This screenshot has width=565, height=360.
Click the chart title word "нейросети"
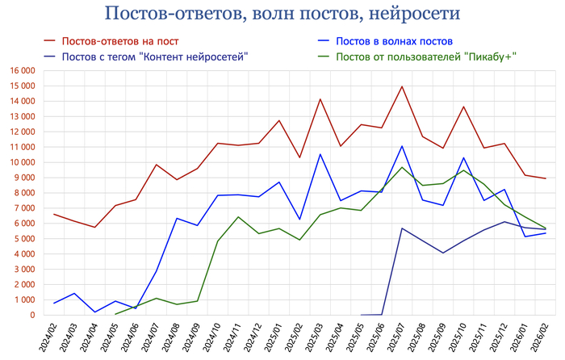[408, 15]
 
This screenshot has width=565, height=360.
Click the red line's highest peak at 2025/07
[402, 86]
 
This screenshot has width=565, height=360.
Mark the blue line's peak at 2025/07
[402, 146]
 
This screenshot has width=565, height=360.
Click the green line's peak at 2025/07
[402, 167]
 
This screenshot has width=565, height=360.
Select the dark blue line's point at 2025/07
[402, 228]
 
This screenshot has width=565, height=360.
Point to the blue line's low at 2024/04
[95, 312]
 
